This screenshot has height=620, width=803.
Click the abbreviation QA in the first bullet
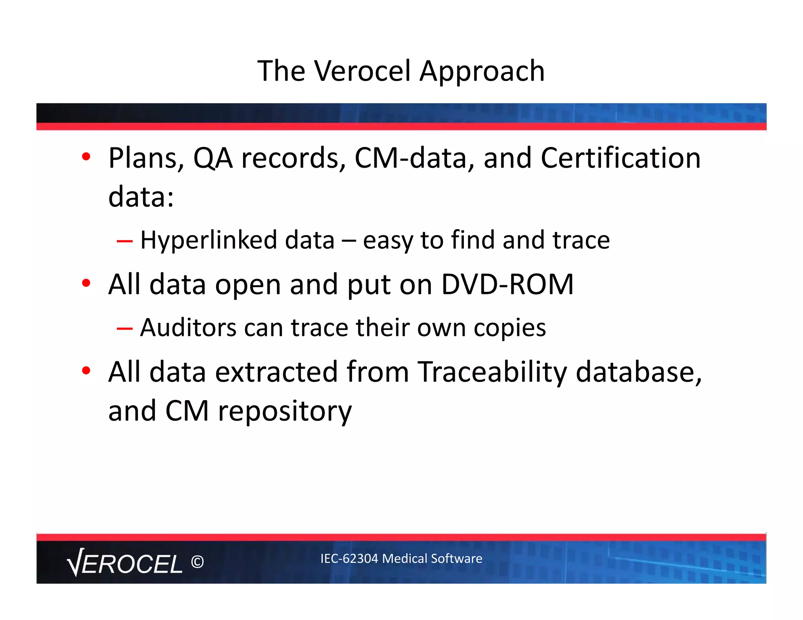click(213, 159)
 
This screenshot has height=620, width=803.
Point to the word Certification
click(620, 158)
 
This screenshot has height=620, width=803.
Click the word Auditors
click(188, 328)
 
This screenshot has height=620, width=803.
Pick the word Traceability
click(492, 372)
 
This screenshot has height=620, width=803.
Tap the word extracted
click(276, 372)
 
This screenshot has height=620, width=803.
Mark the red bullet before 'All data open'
click(86, 283)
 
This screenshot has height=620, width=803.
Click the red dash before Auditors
click(124, 328)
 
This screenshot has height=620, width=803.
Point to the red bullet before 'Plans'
click(86, 157)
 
